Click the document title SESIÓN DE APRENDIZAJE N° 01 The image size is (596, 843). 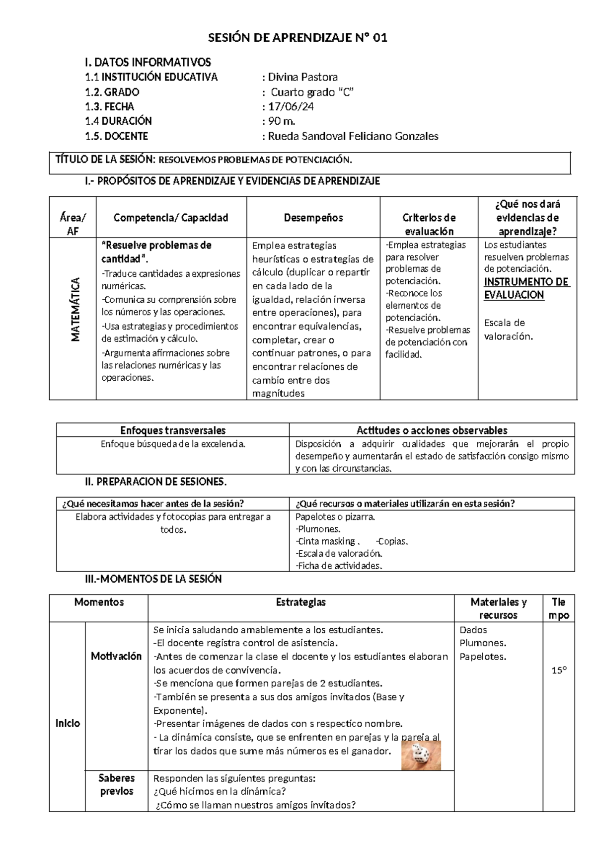tap(297, 38)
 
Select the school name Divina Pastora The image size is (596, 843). tap(302, 77)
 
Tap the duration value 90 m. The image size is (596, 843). tap(282, 121)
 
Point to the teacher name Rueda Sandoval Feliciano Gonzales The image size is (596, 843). tap(353, 136)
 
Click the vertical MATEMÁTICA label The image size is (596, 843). tap(75, 310)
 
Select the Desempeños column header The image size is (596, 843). tap(313, 218)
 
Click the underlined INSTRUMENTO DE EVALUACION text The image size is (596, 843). tap(526, 288)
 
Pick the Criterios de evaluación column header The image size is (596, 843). tap(429, 224)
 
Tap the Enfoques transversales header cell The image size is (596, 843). tap(173, 430)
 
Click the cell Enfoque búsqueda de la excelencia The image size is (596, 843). tap(173, 444)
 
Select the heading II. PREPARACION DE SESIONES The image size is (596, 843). tap(156, 482)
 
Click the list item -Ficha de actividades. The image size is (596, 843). tap(339, 566)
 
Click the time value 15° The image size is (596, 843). tap(559, 671)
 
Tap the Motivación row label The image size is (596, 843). tap(116, 656)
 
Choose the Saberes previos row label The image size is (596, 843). tap(116, 784)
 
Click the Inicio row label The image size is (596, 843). tap(68, 723)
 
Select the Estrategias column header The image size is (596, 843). tap(300, 602)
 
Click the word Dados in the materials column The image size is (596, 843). tap(473, 630)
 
